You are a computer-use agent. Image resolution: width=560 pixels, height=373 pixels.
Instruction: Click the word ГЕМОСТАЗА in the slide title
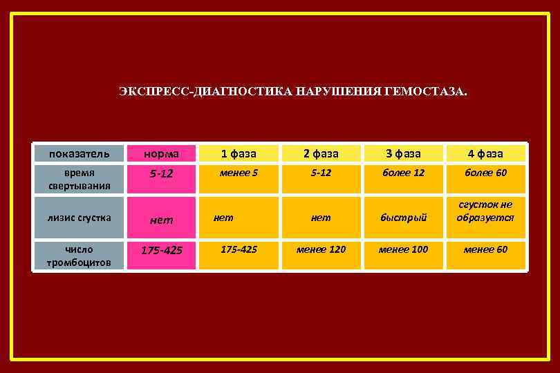pos(430,91)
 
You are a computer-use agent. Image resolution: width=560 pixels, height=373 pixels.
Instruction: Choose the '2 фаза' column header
pos(321,153)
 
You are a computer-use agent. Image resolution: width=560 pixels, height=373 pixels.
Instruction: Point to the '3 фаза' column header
pos(403,153)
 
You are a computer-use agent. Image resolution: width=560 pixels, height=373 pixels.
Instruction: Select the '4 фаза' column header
pos(485,153)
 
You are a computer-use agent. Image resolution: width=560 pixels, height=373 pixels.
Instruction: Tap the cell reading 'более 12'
pos(403,173)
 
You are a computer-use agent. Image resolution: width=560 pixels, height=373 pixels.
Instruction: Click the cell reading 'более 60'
pos(485,173)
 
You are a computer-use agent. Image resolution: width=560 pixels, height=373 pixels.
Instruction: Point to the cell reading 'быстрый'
pos(403,217)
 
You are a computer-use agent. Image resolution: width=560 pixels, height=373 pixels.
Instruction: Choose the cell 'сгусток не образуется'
pos(485,211)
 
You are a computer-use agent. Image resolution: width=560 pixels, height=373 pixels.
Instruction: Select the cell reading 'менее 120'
pos(321,249)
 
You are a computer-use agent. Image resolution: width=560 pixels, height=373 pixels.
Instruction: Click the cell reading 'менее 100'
pos(403,249)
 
